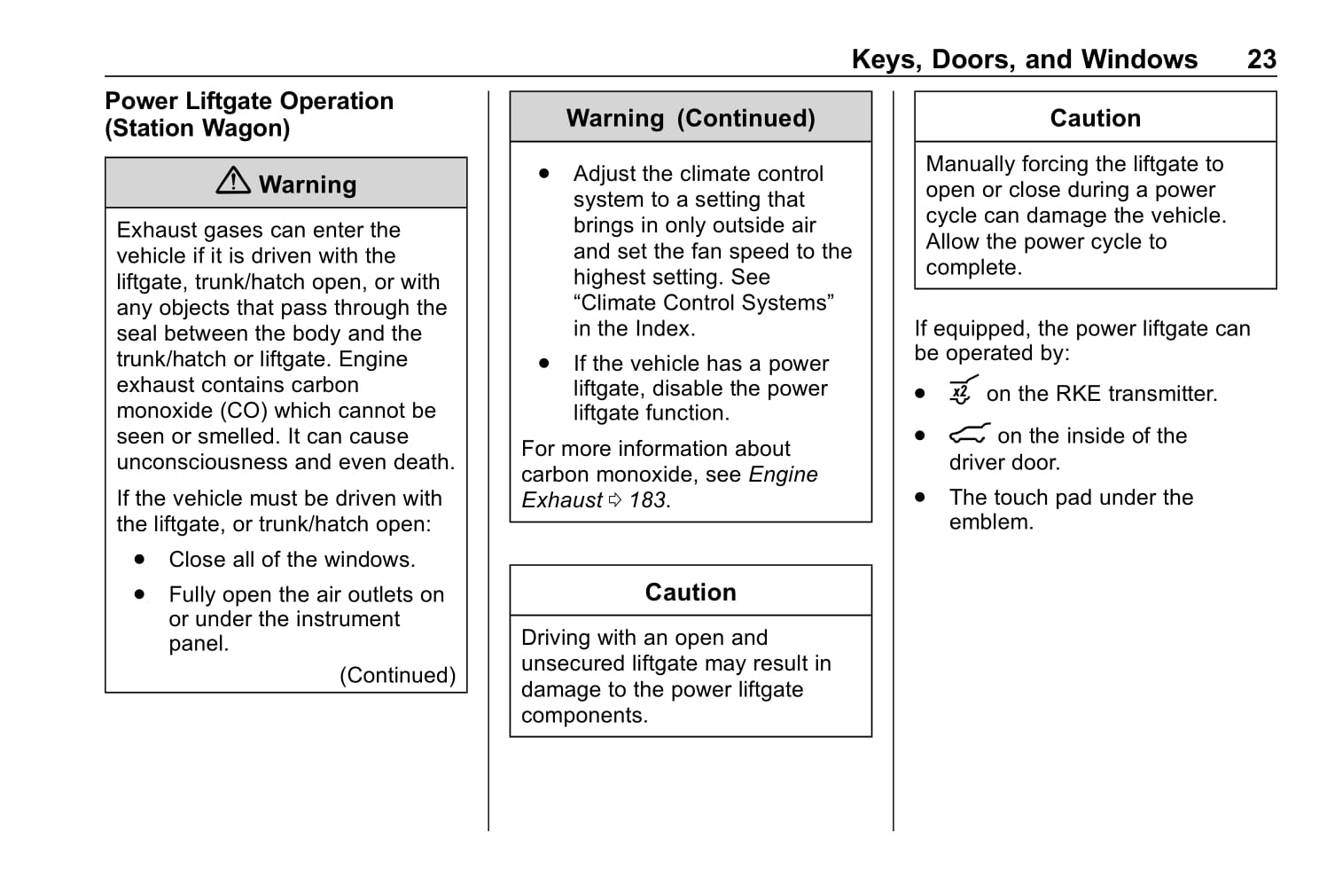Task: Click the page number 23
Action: pyautogui.click(x=1261, y=59)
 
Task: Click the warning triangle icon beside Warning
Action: pyautogui.click(x=233, y=181)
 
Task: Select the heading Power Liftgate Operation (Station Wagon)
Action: pyautogui.click(x=249, y=114)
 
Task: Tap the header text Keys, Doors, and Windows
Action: pyautogui.click(x=1024, y=59)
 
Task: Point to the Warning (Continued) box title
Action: pyautogui.click(x=691, y=118)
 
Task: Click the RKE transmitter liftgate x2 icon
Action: pyautogui.click(x=962, y=390)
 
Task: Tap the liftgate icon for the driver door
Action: pyautogui.click(x=968, y=435)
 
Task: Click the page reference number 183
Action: pyautogui.click(x=648, y=500)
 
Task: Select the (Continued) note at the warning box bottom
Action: pyautogui.click(x=397, y=675)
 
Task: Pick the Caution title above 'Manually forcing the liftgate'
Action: pyautogui.click(x=1095, y=118)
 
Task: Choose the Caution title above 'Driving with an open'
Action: pyautogui.click(x=691, y=592)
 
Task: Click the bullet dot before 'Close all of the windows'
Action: pyautogui.click(x=140, y=560)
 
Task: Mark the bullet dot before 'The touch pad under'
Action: pyautogui.click(x=920, y=498)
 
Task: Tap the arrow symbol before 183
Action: pyautogui.click(x=615, y=501)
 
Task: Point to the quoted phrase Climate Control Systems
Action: pyautogui.click(x=703, y=302)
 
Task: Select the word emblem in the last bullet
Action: pyautogui.click(x=990, y=522)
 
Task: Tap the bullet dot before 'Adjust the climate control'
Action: pyautogui.click(x=544, y=174)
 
